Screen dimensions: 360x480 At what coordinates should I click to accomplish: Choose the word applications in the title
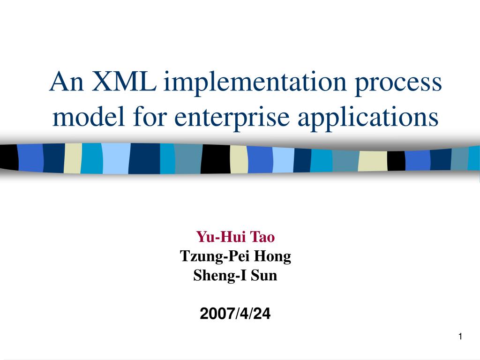coord(368,118)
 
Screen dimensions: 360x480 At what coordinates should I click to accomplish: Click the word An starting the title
coord(66,82)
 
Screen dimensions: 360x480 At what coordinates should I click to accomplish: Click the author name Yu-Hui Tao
coord(235,237)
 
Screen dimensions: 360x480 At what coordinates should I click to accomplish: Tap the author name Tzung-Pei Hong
coord(235,256)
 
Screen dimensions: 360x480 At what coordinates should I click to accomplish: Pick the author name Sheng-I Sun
coord(235,276)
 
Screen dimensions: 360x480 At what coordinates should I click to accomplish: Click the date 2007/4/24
coord(235,314)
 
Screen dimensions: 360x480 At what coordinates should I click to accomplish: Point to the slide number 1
coord(460,337)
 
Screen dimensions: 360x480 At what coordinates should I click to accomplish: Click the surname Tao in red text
coord(263,237)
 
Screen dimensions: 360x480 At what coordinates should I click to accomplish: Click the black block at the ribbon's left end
coord(8,157)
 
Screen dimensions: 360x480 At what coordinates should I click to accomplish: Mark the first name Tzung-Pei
coord(216,257)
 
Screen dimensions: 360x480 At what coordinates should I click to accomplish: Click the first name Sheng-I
coord(220,276)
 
